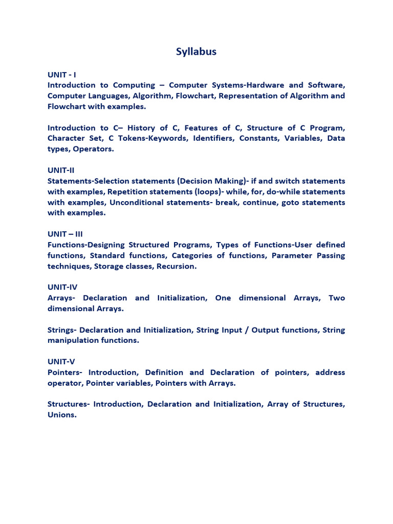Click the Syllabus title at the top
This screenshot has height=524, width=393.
click(x=196, y=52)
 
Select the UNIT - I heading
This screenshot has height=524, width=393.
click(x=62, y=75)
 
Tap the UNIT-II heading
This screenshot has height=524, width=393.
click(x=61, y=170)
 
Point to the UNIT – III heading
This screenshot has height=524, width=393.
click(x=65, y=234)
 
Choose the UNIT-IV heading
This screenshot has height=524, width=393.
click(x=62, y=288)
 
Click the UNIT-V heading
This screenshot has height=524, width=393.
click(x=61, y=362)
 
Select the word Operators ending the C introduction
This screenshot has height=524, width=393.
click(x=94, y=149)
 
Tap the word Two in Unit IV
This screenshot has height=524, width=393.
click(x=337, y=298)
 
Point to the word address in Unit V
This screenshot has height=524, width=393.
click(x=330, y=373)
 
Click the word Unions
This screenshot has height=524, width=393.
click(x=62, y=415)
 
